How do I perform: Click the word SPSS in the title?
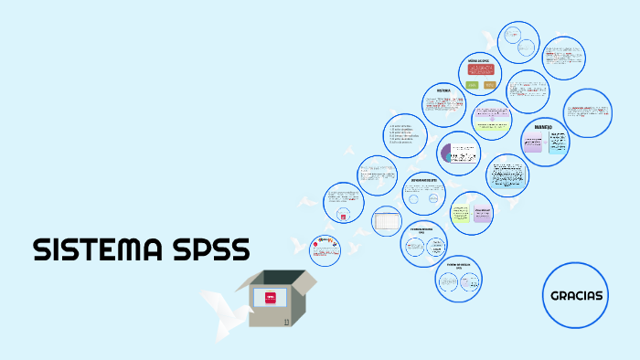[x=211, y=249]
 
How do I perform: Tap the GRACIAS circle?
[x=576, y=296]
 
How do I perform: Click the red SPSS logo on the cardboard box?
[x=271, y=296]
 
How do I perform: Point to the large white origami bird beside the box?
[x=224, y=307]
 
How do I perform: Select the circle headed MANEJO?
[x=545, y=141]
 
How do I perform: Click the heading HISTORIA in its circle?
[x=443, y=91]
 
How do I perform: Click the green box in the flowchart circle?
[x=471, y=84]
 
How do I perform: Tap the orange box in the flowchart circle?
[x=490, y=84]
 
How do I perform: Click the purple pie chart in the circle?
[x=449, y=153]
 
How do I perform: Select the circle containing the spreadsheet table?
[x=387, y=220]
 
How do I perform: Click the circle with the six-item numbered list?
[x=404, y=133]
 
